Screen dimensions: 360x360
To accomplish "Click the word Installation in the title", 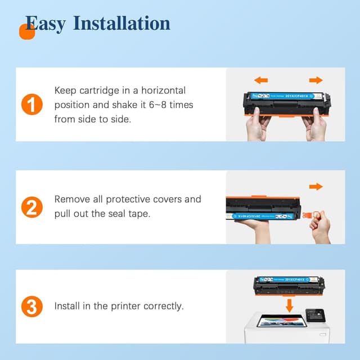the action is (121, 23).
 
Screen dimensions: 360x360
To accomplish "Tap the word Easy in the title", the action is (46, 24).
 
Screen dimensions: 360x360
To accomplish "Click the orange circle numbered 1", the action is (32, 104).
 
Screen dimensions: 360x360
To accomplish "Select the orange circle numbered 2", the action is (32, 207).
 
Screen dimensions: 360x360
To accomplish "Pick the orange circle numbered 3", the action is (32, 307).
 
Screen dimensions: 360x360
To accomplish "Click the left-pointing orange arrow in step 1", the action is (261, 80).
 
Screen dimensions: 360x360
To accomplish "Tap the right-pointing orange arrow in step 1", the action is (316, 80).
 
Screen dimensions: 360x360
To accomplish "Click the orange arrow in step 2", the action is (316, 187).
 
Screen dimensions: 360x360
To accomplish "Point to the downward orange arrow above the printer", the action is (290, 305).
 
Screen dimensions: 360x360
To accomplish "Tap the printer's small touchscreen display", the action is (315, 316).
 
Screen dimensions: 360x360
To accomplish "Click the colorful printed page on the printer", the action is (281, 321).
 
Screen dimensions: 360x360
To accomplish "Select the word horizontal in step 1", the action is (164, 91).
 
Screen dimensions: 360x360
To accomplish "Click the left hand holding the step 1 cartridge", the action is (258, 124).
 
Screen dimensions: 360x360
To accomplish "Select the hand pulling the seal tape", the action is (320, 227).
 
